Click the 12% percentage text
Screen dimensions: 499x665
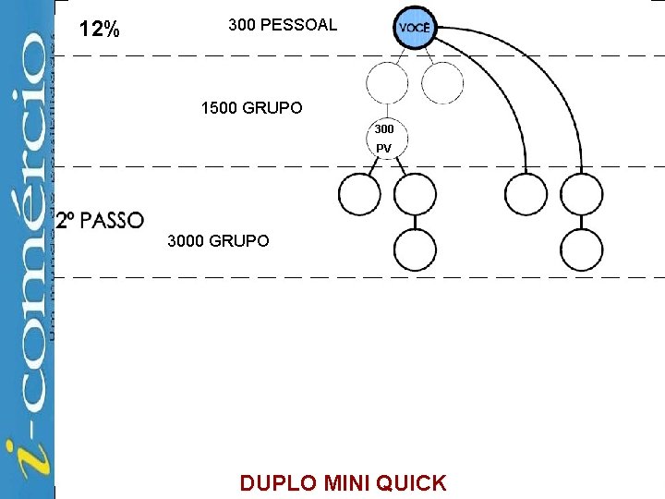tap(99, 30)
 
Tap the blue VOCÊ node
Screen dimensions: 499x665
tap(415, 28)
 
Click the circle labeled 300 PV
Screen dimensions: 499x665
tap(384, 139)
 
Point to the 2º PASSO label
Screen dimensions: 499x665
tap(100, 221)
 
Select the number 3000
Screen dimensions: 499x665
tap(187, 241)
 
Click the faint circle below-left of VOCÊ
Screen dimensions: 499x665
tap(387, 82)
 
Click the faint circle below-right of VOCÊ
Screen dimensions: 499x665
tap(443, 82)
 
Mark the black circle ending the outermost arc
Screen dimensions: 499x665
tap(582, 194)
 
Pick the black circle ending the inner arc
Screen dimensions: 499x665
tap(526, 194)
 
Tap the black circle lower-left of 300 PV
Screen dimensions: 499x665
tap(359, 194)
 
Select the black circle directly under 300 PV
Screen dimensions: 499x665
tap(415, 194)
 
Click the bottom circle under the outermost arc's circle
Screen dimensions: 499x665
tap(582, 249)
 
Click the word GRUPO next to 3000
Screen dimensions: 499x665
tap(239, 241)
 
